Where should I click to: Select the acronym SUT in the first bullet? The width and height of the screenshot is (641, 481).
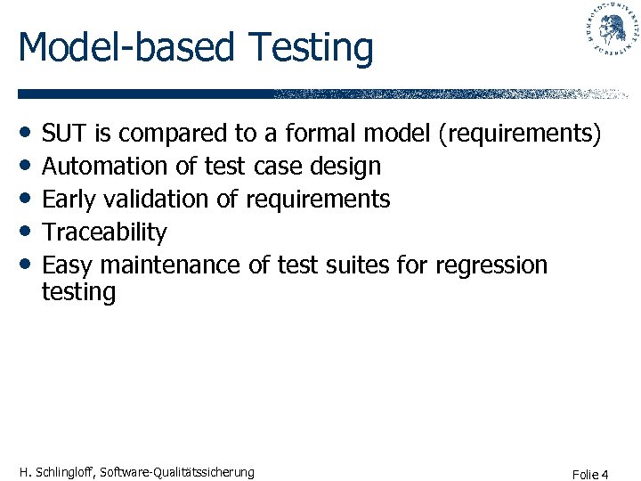tap(65, 134)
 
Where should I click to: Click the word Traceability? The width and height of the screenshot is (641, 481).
tap(104, 232)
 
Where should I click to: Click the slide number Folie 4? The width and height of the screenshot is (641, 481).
tap(591, 474)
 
